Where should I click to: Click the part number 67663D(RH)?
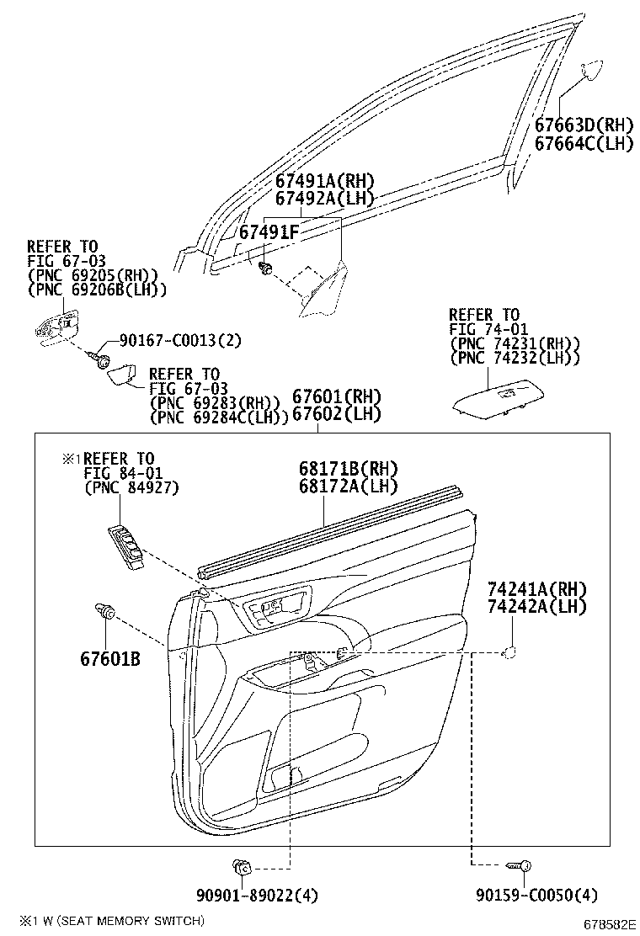(x=583, y=125)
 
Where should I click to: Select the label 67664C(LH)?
(x=583, y=143)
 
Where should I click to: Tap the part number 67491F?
(x=269, y=231)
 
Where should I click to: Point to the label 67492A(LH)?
(x=324, y=199)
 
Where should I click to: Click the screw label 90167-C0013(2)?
(x=179, y=340)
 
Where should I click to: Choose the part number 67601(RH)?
(x=336, y=396)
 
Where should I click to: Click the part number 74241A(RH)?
(x=536, y=589)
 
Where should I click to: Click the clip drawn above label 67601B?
(x=105, y=612)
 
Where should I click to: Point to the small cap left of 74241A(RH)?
(x=509, y=651)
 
